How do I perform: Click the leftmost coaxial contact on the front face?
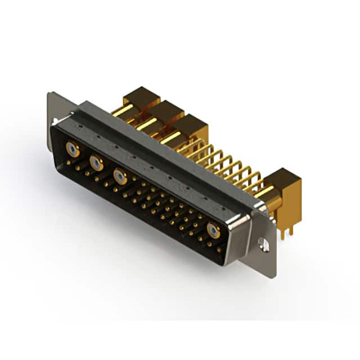pos(71,149)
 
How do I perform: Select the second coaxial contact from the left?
pos(96,163)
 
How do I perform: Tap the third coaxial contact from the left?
pos(119,176)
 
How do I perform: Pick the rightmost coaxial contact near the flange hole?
pos(213,229)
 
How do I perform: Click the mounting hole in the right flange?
pos(263,243)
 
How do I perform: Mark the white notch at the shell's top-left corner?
pos(55,121)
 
